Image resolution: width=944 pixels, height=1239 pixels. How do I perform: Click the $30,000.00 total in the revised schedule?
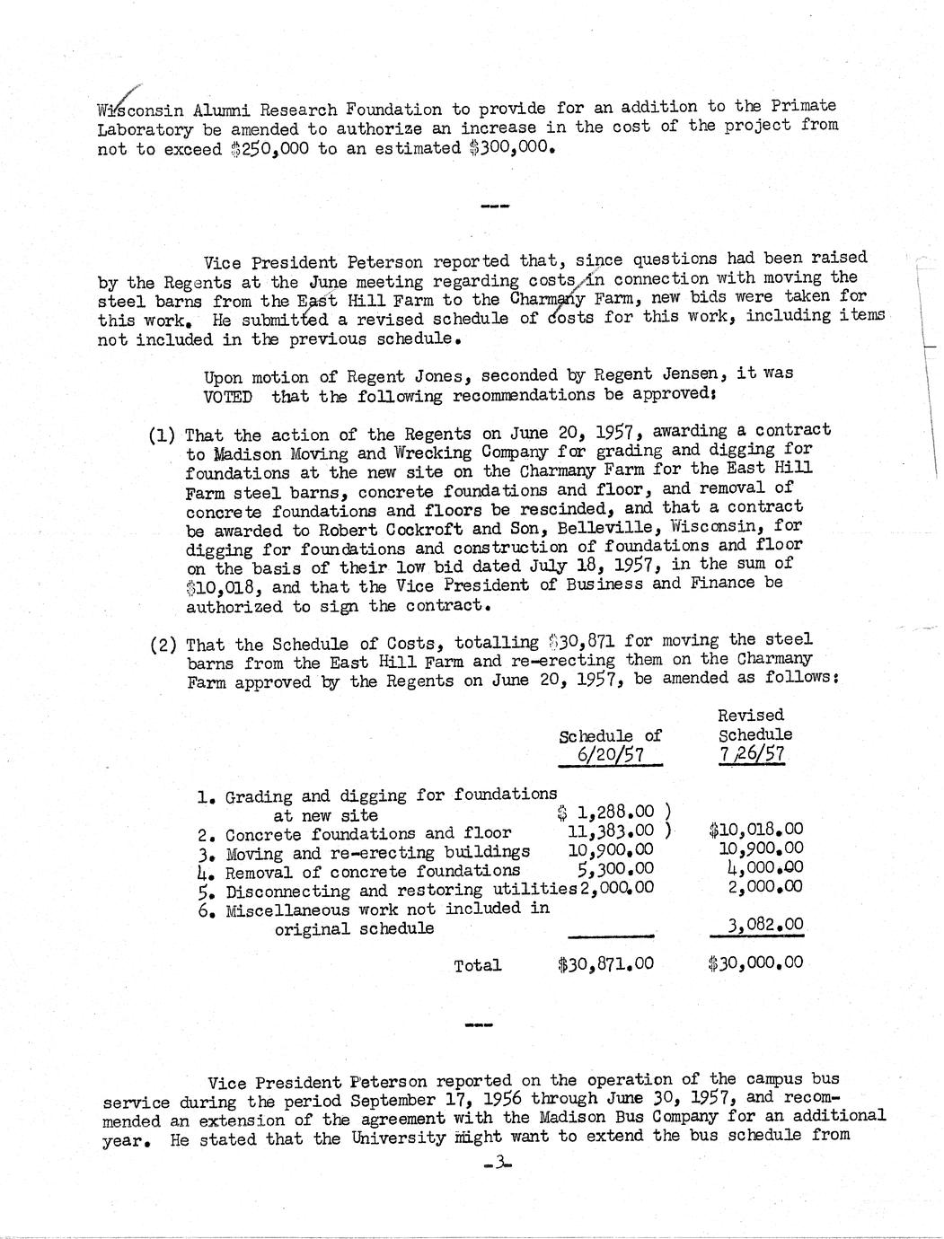755,963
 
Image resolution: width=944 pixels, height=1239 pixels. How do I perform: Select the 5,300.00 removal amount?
616,869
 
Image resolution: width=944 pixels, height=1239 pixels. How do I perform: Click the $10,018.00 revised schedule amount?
755,830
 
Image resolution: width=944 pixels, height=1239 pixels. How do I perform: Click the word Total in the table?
478,966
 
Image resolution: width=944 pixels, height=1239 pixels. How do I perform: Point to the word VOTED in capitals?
227,397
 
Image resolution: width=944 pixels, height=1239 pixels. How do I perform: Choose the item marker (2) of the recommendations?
163,646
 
